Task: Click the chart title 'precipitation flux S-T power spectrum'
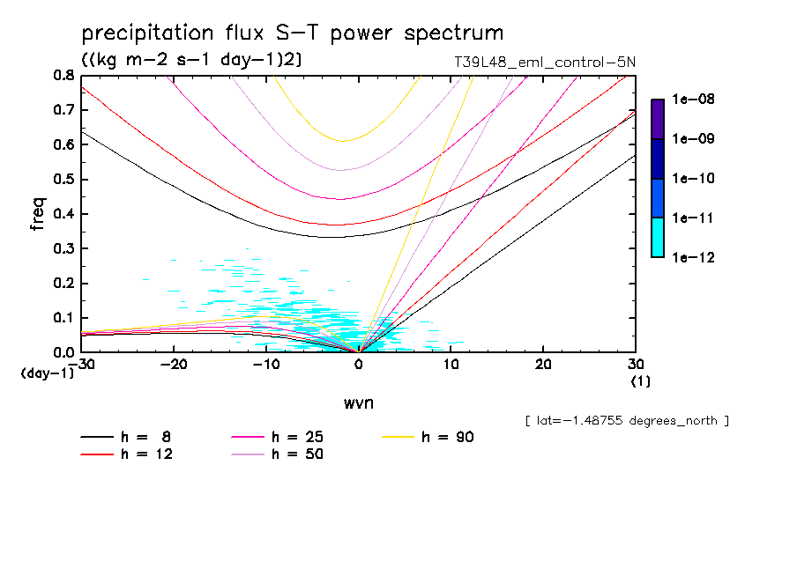pyautogui.click(x=292, y=34)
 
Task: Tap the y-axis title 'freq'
pyautogui.click(x=38, y=213)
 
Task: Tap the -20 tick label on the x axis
pyautogui.click(x=175, y=365)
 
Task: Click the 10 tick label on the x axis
pyautogui.click(x=451, y=365)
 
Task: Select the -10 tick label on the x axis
pyautogui.click(x=266, y=365)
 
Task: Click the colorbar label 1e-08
pyautogui.click(x=693, y=100)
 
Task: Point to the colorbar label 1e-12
pyautogui.click(x=693, y=257)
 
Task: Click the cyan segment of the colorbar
pyautogui.click(x=658, y=237)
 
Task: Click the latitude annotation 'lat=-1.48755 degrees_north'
pyautogui.click(x=627, y=421)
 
